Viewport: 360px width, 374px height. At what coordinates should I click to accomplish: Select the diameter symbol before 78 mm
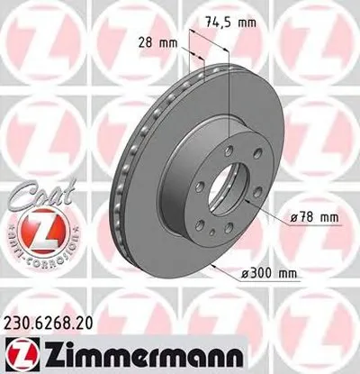tap(296, 217)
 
